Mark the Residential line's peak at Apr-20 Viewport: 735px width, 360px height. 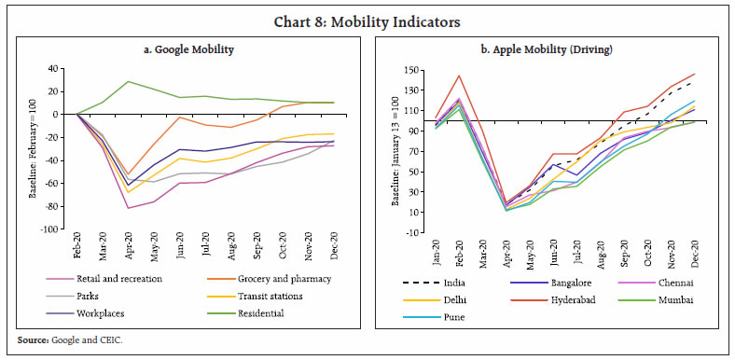tap(128, 81)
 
